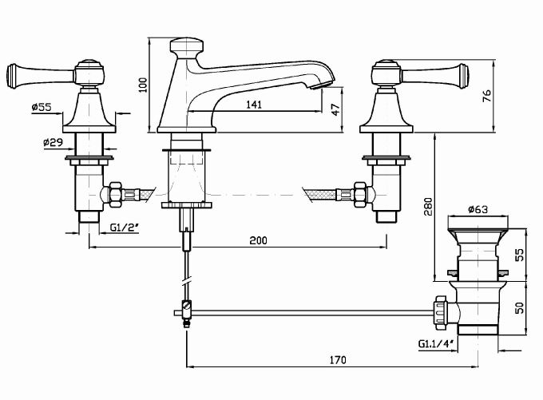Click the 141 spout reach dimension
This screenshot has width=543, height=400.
coord(254,105)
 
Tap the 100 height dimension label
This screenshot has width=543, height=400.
coord(143,85)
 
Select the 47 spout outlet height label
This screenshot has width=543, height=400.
coord(335,109)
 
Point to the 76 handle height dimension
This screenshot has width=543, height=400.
coord(486,96)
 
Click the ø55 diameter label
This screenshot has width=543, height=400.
coord(42,107)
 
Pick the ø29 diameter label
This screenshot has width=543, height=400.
coord(54,142)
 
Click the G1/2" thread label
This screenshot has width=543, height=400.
coord(125,228)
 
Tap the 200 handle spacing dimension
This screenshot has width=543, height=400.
coord(259,240)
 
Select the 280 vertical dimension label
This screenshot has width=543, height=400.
coord(429,207)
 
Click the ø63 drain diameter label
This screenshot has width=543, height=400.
coord(478,209)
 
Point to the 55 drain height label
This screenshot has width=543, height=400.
coord(520,255)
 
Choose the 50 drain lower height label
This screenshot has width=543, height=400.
coord(520,307)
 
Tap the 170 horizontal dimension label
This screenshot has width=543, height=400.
coord(338,360)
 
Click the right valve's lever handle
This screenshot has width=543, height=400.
coord(434,76)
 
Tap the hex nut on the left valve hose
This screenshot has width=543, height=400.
coord(115,195)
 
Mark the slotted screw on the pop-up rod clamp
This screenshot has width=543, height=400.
coord(187,306)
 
